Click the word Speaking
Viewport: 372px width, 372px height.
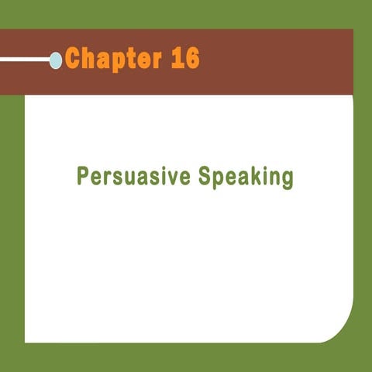246,177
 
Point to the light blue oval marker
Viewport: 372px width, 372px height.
56,60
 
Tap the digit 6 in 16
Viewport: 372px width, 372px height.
191,58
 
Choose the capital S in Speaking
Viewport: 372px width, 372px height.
205,176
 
